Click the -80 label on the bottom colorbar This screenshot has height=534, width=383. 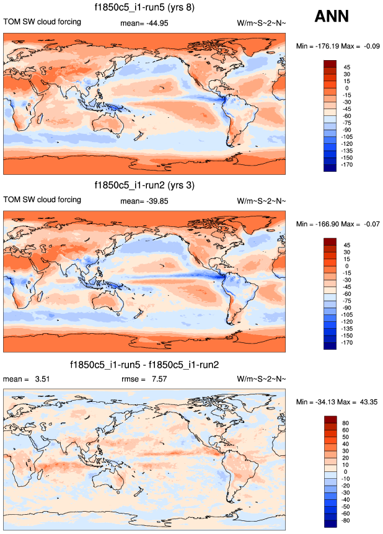coord(345,521)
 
